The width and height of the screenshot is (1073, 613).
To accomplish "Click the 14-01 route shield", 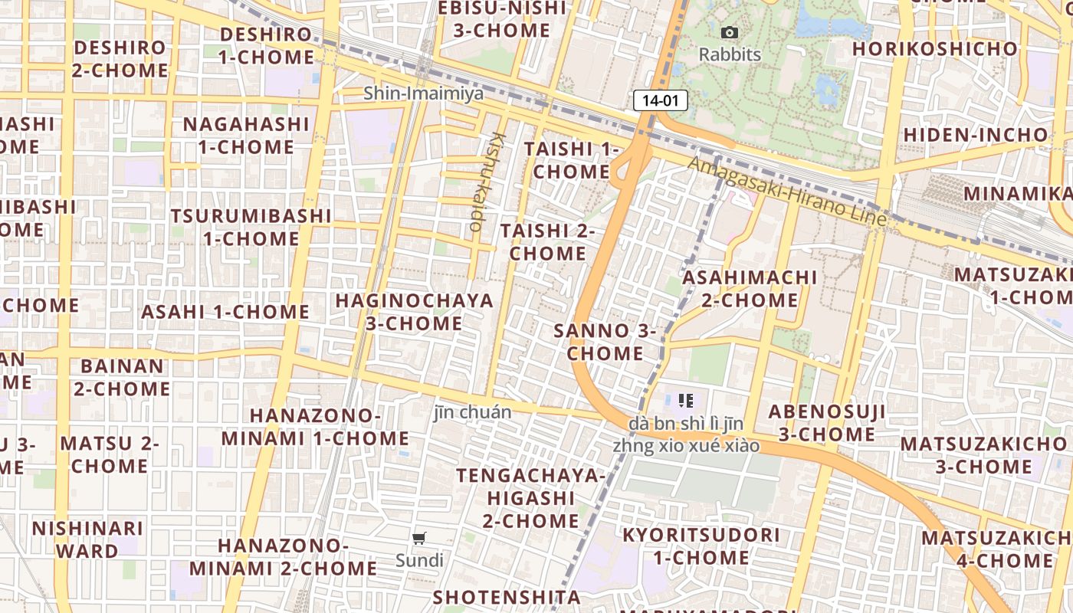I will click(x=660, y=100).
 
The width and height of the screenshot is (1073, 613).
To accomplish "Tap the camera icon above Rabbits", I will click(x=730, y=32).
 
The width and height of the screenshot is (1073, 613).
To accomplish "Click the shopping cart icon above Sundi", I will click(x=418, y=538).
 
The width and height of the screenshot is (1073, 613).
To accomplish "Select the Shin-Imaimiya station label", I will click(x=423, y=93).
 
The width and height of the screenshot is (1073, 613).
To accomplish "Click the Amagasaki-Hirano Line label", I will click(x=787, y=191).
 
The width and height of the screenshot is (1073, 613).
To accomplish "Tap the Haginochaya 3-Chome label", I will click(x=414, y=312).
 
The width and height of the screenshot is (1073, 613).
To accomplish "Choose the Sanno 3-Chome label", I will click(x=605, y=343).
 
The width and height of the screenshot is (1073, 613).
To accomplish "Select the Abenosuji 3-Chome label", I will click(x=826, y=423).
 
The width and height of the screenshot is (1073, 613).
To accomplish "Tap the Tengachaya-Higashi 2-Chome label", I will click(x=530, y=498).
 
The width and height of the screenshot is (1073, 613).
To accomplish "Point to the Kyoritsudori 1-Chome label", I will click(x=701, y=546).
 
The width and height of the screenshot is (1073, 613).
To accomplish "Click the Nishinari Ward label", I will click(x=87, y=539).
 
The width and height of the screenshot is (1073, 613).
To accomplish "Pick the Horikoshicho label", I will click(x=934, y=49).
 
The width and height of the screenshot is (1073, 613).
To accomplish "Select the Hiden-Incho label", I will click(x=975, y=135).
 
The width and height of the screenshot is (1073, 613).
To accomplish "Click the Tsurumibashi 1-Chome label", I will click(x=251, y=227).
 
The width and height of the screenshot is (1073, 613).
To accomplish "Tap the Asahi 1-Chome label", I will click(x=225, y=312).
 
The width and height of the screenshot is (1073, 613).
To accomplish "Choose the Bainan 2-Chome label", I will click(x=122, y=377).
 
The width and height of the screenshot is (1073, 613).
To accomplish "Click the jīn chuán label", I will click(x=472, y=412).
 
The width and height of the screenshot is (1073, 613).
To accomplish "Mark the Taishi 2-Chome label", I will click(x=547, y=241).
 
